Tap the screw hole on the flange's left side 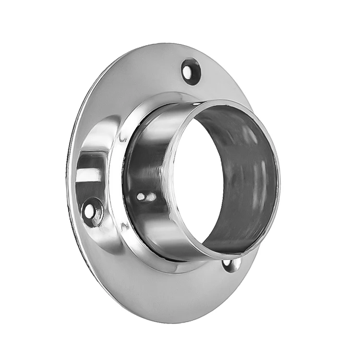93,212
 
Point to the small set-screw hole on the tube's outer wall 140,196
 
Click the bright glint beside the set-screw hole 151,197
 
